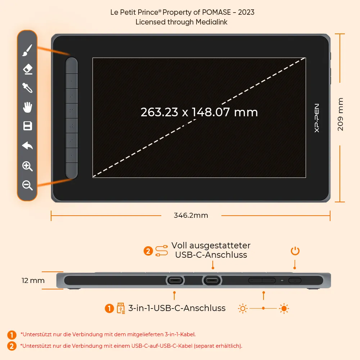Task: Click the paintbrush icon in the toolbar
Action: [27, 50]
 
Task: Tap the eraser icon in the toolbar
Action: [28, 69]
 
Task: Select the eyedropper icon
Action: [27, 88]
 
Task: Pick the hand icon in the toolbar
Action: [28, 107]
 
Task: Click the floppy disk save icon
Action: [28, 126]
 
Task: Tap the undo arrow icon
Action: [28, 145]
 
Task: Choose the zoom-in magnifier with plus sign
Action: [27, 166]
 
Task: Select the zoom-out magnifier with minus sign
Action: [27, 185]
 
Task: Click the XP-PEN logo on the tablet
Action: [316, 118]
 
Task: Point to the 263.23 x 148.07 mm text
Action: [199, 112]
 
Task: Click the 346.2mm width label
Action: [191, 215]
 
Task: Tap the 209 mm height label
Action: [340, 114]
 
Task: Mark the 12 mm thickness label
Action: [33, 280]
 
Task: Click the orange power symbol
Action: [295, 251]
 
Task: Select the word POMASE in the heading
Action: [216, 12]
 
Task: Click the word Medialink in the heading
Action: [211, 22]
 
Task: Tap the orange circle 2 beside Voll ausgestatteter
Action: [148, 251]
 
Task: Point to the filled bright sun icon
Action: [284, 309]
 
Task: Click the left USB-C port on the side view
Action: [175, 280]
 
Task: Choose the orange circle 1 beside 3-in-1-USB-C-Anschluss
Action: [109, 309]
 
